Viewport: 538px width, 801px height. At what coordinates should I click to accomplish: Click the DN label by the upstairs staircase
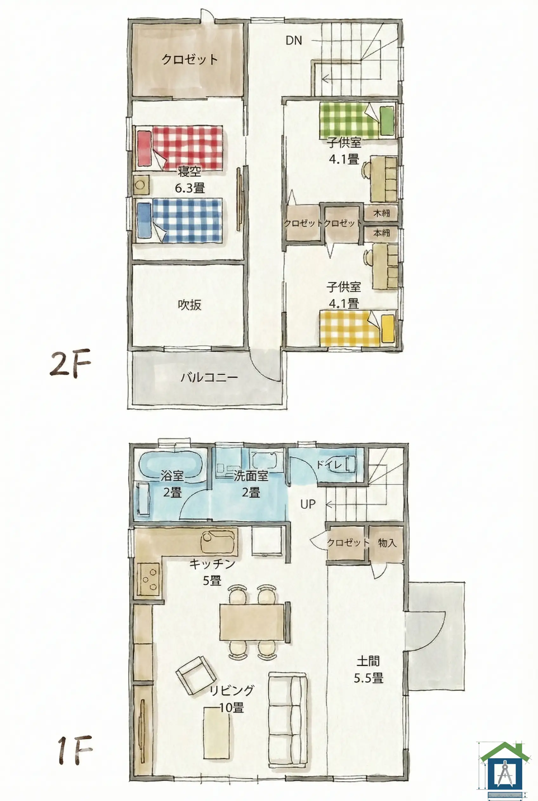point(294,41)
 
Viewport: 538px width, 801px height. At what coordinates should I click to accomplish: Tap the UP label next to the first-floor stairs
point(308,504)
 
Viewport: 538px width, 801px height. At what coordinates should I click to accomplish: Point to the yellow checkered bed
point(357,328)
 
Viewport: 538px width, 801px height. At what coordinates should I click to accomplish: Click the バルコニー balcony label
point(209,377)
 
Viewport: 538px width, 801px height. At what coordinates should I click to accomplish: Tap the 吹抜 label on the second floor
point(189,304)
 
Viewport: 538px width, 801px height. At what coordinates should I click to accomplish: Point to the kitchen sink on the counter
point(218,541)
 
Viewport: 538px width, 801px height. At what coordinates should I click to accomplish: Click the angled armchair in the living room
point(196,675)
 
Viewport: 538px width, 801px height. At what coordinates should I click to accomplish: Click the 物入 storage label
point(387,542)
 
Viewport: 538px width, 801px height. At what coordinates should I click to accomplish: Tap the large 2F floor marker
point(70,363)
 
